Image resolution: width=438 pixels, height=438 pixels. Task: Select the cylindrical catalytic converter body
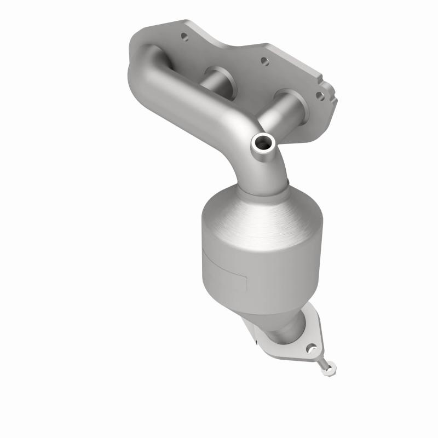[257, 263]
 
